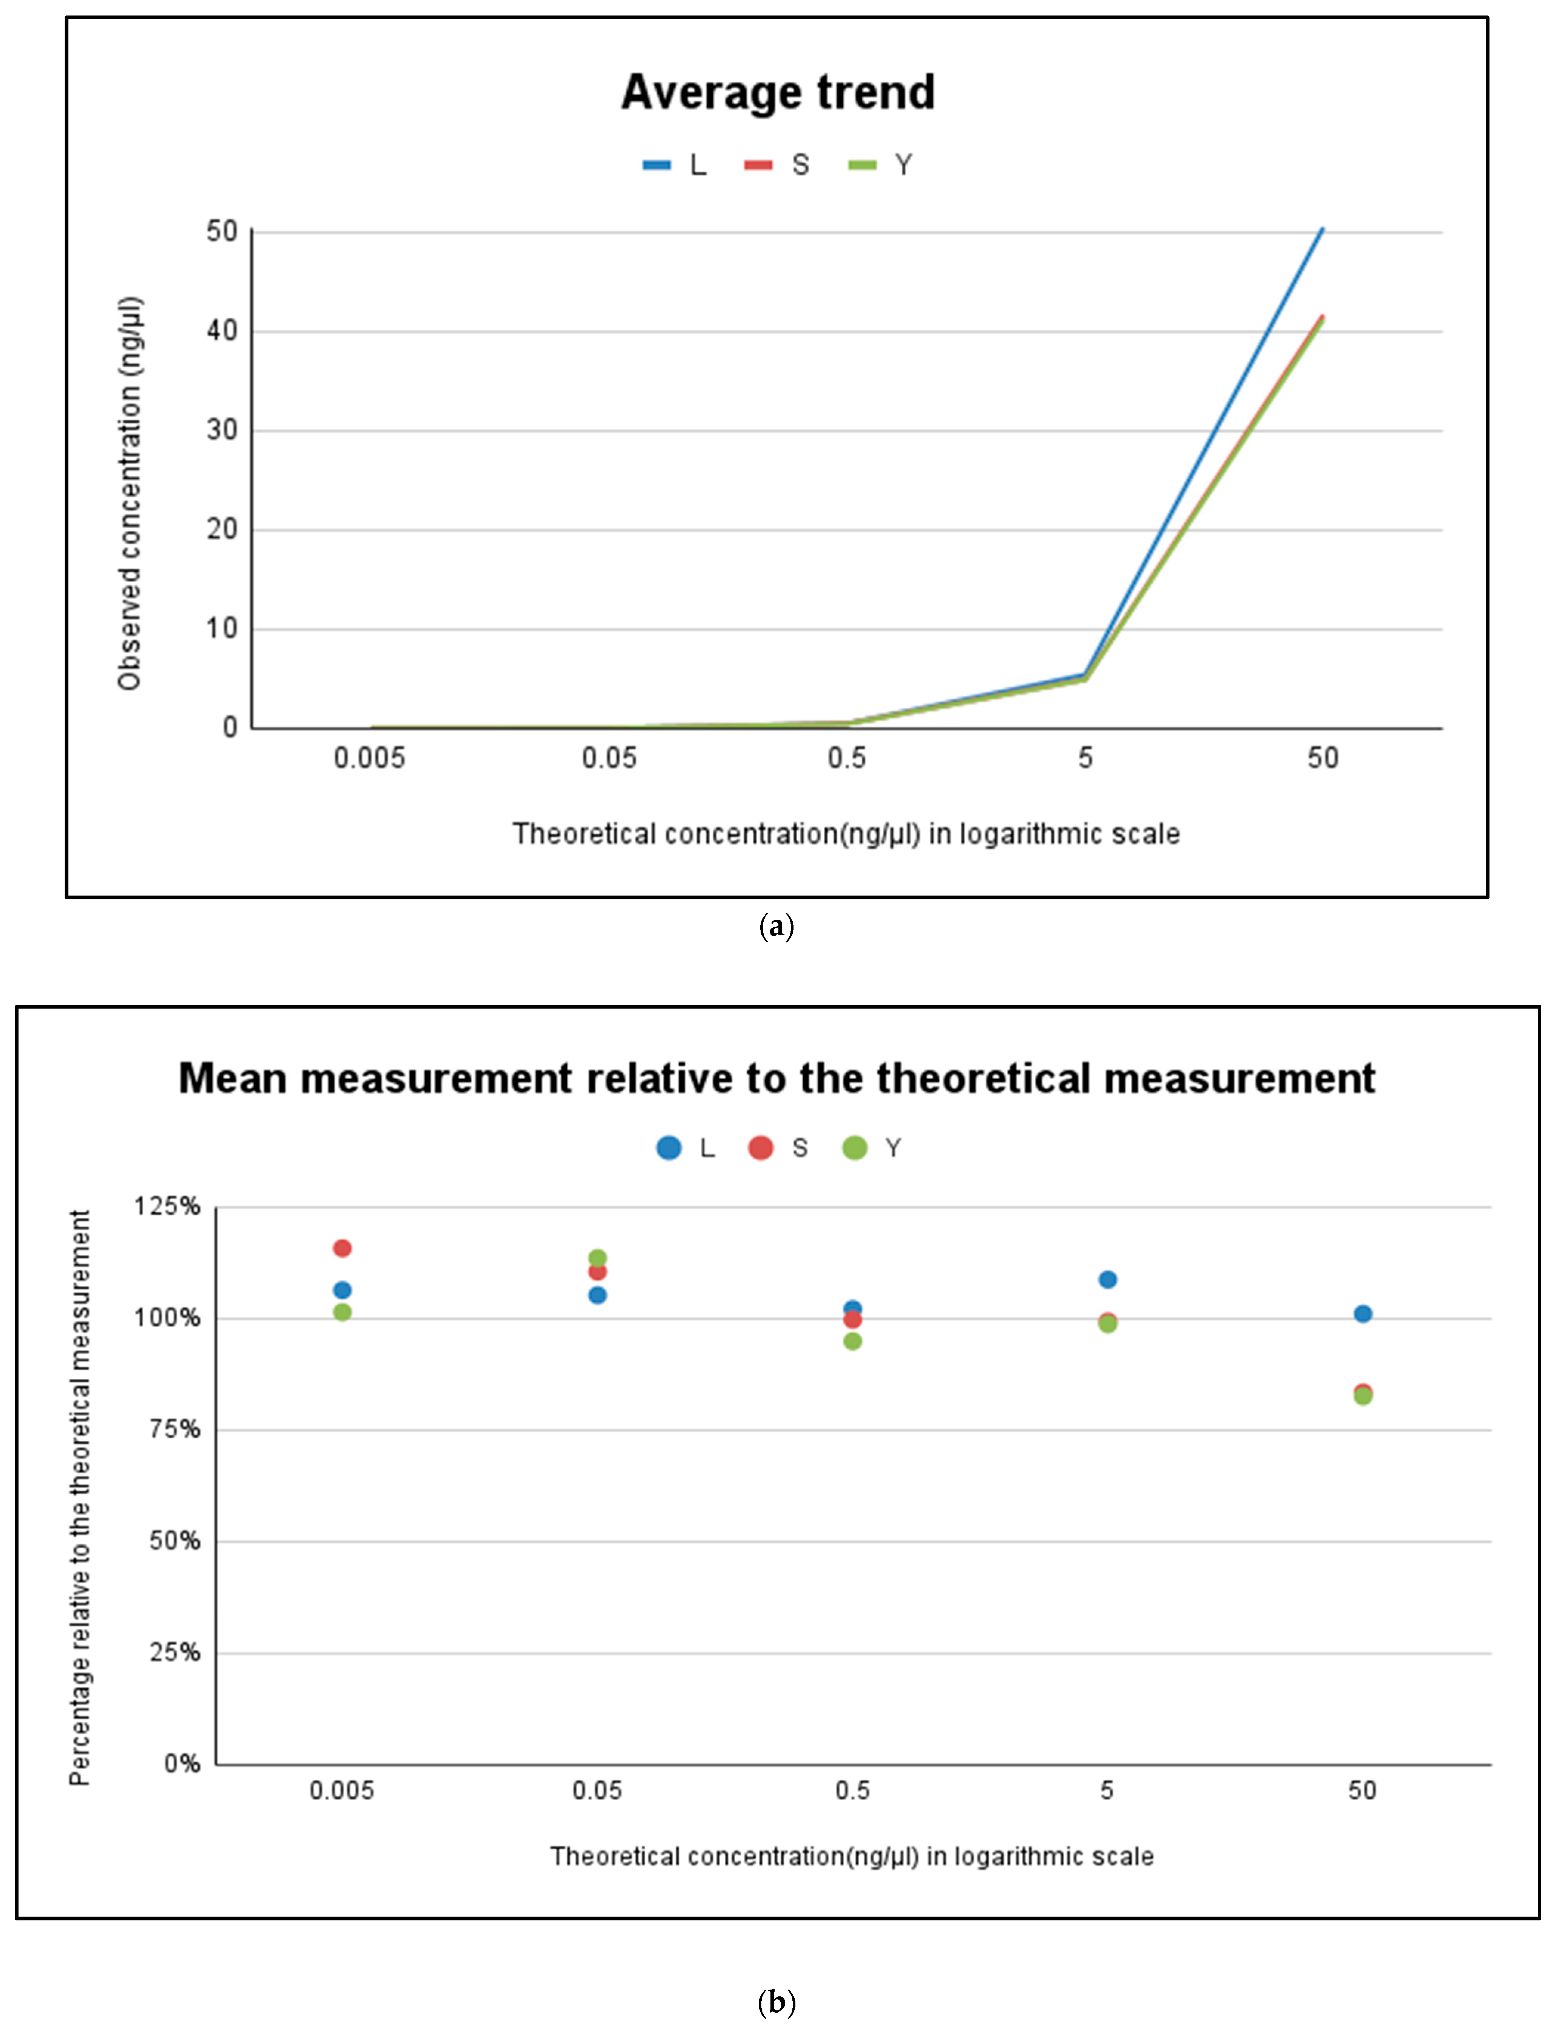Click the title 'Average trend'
[x=777, y=93]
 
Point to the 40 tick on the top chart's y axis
[x=222, y=331]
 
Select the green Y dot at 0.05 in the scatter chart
[x=597, y=1258]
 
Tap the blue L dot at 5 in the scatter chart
[x=1107, y=1279]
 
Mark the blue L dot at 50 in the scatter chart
[x=1362, y=1313]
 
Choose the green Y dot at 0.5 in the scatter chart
[x=852, y=1341]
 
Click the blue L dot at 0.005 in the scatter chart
[x=342, y=1289]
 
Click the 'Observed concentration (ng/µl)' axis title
[x=129, y=493]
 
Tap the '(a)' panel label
[x=776, y=926]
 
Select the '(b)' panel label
[x=776, y=2002]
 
